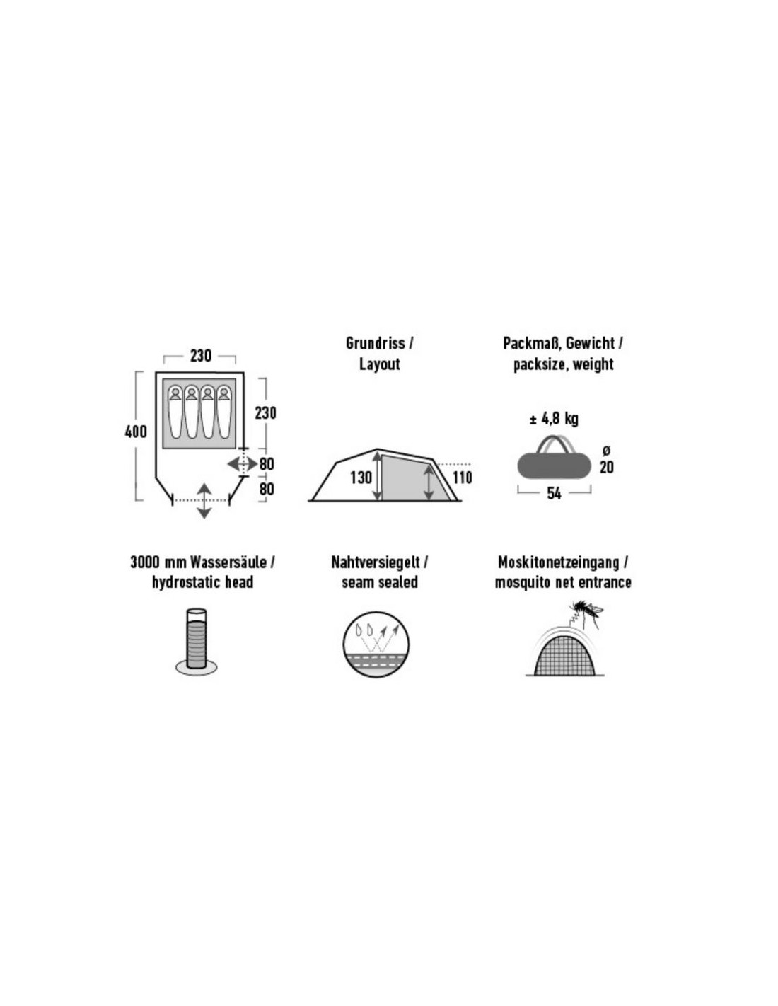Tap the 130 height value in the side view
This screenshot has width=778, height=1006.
click(361, 478)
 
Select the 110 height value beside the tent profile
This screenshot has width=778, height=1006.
click(462, 478)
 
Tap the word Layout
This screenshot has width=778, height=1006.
click(380, 364)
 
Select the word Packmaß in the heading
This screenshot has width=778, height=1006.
click(533, 344)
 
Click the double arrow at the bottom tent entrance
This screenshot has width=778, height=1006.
click(204, 501)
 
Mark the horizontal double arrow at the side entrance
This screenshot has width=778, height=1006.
click(243, 463)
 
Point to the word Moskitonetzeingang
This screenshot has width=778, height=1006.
click(558, 562)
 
